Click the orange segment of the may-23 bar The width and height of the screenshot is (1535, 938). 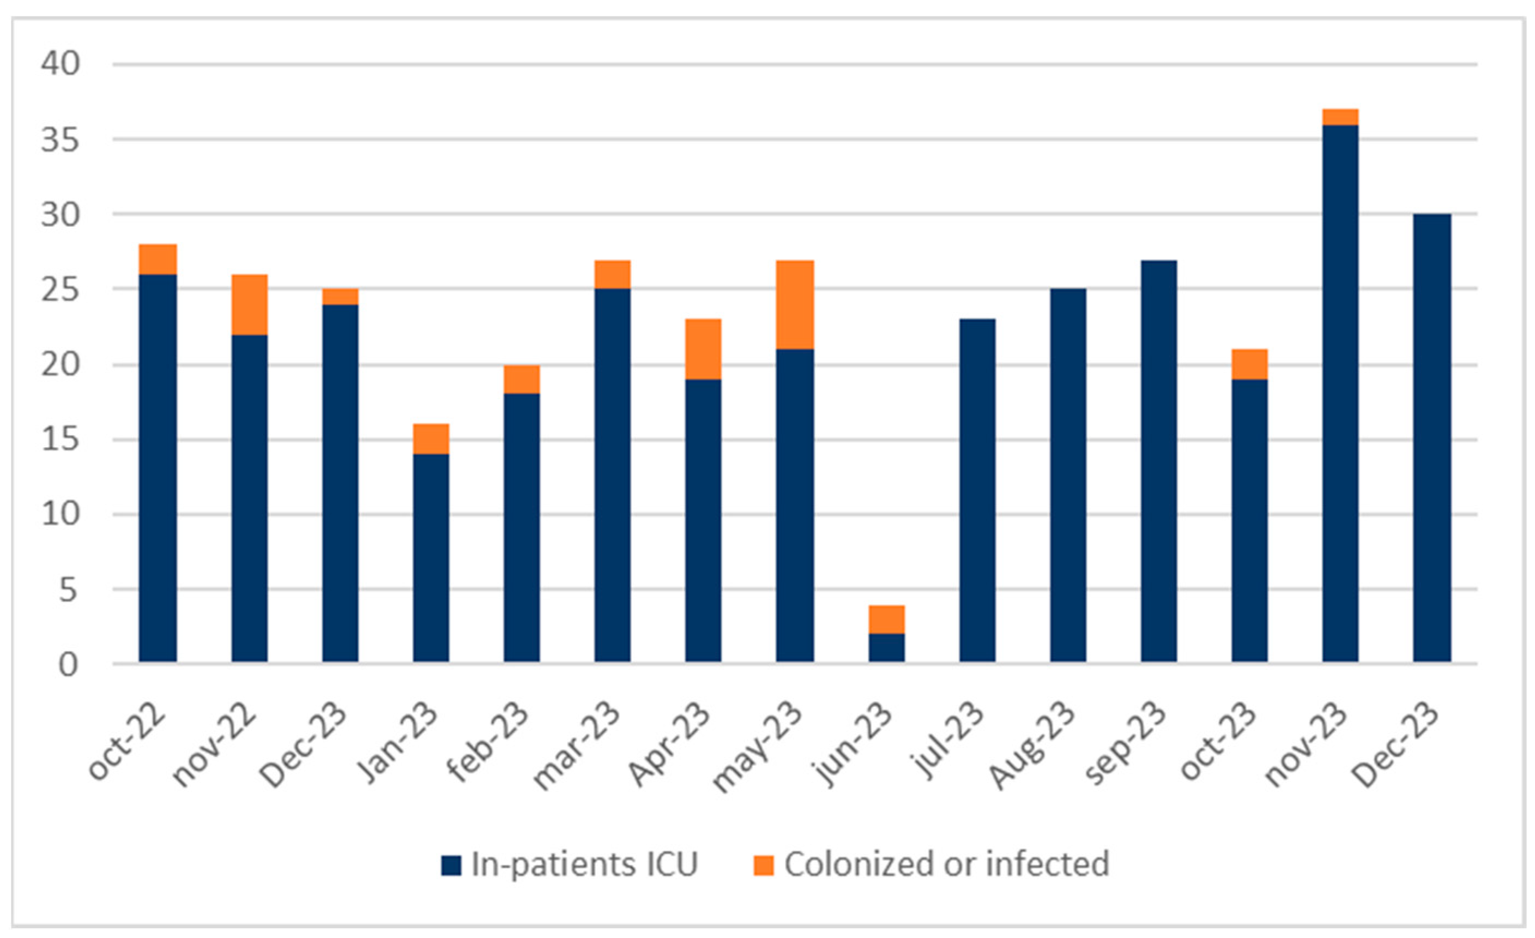tap(794, 304)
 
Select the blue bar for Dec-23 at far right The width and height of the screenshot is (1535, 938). tap(1431, 437)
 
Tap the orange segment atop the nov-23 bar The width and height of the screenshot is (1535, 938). tap(1340, 117)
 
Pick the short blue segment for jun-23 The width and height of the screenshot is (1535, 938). tap(886, 647)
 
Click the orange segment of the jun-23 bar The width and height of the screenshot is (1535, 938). tap(886, 620)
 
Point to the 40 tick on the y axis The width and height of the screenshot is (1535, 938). tap(61, 64)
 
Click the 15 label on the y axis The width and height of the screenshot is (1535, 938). tap(61, 440)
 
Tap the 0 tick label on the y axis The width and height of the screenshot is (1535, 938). tap(69, 665)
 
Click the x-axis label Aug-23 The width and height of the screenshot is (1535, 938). tap(1033, 745)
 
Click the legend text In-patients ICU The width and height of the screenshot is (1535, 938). tap(584, 864)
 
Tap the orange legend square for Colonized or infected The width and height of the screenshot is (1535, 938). tap(763, 865)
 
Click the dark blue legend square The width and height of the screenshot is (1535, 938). tap(451, 865)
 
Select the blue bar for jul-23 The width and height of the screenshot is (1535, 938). tap(977, 490)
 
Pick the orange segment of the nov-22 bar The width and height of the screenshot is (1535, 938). tap(249, 304)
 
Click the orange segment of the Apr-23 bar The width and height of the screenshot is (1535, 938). tap(703, 349)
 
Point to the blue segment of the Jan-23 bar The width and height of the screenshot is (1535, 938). tap(431, 558)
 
